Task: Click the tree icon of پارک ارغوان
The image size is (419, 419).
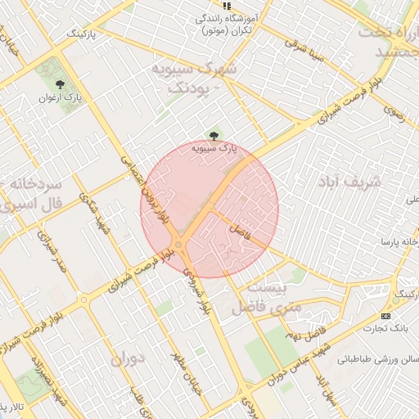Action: [x=60, y=83]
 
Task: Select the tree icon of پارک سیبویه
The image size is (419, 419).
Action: [x=214, y=135]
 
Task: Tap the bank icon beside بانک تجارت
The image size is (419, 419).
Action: [x=386, y=317]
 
